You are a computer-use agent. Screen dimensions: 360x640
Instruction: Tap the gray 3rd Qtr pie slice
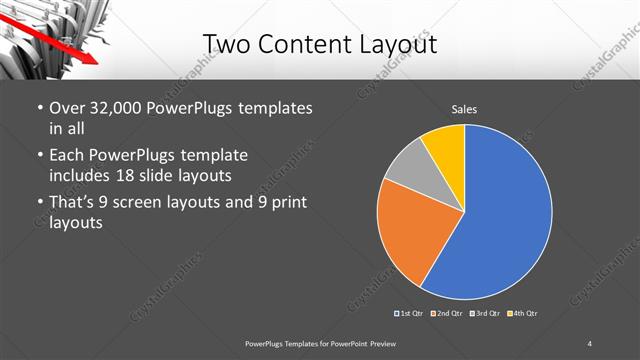(x=407, y=177)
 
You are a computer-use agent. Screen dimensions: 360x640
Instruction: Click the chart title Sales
(x=465, y=109)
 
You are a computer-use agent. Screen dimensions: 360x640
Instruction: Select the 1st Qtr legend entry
(x=409, y=314)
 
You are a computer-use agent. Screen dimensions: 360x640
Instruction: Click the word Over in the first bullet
(x=67, y=108)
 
